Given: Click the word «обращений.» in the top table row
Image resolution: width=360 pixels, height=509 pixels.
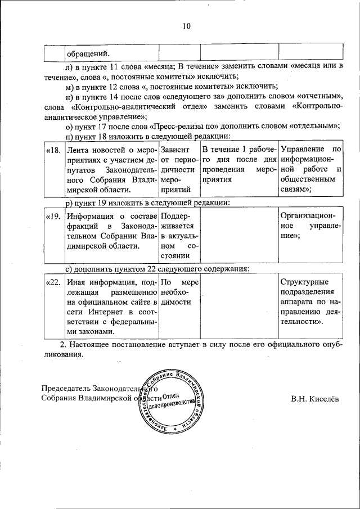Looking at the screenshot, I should coord(88,53).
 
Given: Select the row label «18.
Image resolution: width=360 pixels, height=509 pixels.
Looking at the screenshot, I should coord(52,150).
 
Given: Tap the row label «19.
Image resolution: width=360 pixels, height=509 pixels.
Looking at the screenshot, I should coord(52,215).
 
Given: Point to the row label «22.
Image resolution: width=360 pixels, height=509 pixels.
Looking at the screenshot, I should coord(52,282).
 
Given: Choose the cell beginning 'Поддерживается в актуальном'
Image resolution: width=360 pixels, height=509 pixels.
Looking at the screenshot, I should coord(179,236).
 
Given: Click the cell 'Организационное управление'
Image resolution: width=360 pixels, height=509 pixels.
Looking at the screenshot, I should coord(310,226).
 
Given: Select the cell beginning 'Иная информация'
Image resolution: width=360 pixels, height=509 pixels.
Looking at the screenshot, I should coord(111,307).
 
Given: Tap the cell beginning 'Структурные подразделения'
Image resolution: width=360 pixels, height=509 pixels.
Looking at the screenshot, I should coord(310,302).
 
